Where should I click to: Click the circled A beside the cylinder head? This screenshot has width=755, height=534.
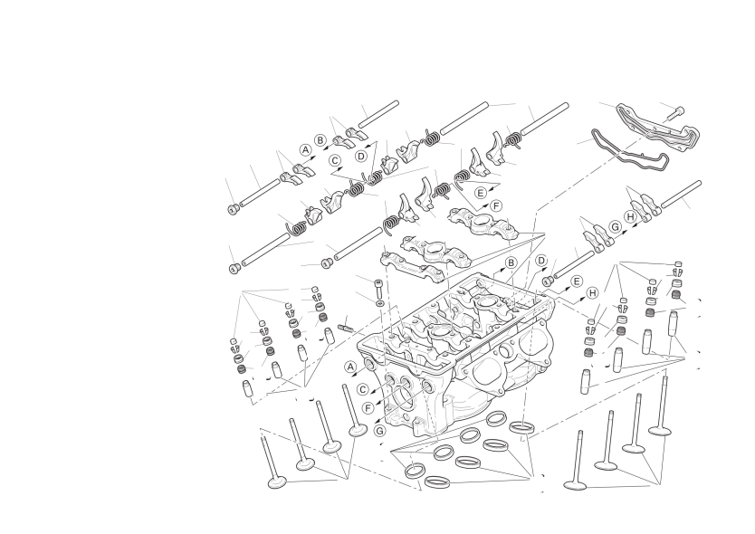tap(350, 367)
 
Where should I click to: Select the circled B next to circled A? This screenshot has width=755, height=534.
tap(320, 140)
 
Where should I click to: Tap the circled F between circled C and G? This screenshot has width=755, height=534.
tap(368, 409)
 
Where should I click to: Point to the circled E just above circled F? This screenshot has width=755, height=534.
tap(481, 193)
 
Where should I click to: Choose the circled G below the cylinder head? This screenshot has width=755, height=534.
tap(380, 430)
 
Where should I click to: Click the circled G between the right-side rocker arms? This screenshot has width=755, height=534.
tap(615, 227)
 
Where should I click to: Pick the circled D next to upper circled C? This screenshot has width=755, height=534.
tap(361, 156)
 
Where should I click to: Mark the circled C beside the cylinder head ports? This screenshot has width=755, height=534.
tap(363, 389)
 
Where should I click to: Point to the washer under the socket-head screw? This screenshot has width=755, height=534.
tap(379, 303)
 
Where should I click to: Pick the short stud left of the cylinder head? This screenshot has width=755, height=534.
tap(346, 328)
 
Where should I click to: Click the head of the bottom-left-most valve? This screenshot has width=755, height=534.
tap(277, 481)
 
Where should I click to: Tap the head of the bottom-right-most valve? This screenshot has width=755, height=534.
tap(575, 484)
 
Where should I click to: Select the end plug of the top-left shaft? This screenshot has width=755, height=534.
tap(233, 208)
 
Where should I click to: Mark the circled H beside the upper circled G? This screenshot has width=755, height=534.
tap(631, 217)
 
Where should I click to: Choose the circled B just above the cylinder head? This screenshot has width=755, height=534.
tap(511, 262)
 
